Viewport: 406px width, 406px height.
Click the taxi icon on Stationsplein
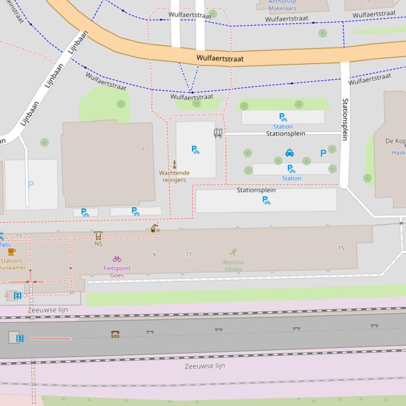point(289,153)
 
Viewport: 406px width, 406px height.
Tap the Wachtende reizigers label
point(174,176)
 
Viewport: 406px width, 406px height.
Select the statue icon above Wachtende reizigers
point(174,164)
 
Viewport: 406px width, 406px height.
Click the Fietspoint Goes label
point(117,272)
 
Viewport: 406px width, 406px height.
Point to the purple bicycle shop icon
point(117,259)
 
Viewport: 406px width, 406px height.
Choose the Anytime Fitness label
point(233,266)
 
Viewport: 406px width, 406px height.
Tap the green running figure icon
point(234,252)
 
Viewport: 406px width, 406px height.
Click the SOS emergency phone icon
point(115,334)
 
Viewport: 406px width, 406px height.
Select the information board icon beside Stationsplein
point(218,133)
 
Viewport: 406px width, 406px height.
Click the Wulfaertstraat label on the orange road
point(220,59)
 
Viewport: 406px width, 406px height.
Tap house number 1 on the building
point(142,149)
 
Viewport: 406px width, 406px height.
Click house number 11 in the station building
point(189,254)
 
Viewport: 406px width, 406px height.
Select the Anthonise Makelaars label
point(282,5)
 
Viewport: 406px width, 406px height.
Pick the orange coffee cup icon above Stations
point(12,252)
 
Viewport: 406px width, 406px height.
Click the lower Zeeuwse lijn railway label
point(205,365)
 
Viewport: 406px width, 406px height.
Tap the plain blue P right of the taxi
point(323,153)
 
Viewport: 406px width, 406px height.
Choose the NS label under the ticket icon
point(98,244)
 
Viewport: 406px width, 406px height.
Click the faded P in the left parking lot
point(31,185)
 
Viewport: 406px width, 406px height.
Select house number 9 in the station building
point(154,255)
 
